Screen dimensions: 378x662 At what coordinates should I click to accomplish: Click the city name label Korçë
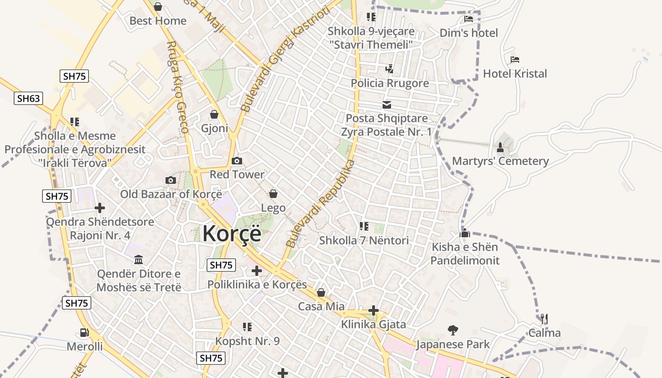click(232, 233)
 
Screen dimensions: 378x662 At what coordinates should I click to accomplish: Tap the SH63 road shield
click(28, 98)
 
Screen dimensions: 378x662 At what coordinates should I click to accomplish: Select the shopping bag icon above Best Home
click(158, 7)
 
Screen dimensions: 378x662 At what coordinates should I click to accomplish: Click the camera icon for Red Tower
click(237, 161)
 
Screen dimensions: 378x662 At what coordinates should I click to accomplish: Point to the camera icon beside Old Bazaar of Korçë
click(171, 180)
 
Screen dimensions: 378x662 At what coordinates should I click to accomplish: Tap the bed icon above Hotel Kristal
click(515, 60)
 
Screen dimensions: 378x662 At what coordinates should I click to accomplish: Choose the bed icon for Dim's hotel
click(469, 19)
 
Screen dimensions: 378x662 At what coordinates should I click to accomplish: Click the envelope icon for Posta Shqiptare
click(387, 104)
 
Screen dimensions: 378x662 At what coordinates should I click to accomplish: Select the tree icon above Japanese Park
click(453, 330)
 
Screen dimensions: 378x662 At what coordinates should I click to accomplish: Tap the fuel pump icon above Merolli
click(84, 333)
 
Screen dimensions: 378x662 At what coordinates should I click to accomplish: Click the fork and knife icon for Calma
click(544, 319)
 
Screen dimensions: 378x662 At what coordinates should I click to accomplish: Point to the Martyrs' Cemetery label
click(500, 161)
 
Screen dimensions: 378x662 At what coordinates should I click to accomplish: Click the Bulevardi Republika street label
click(321, 203)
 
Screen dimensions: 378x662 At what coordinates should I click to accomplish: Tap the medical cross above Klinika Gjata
click(374, 310)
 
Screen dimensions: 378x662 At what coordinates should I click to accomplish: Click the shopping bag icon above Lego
click(273, 194)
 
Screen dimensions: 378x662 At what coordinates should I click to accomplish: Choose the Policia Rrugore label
click(390, 83)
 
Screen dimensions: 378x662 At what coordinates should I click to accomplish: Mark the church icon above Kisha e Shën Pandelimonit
click(465, 233)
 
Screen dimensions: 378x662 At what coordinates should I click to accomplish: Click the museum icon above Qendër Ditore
click(139, 259)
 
